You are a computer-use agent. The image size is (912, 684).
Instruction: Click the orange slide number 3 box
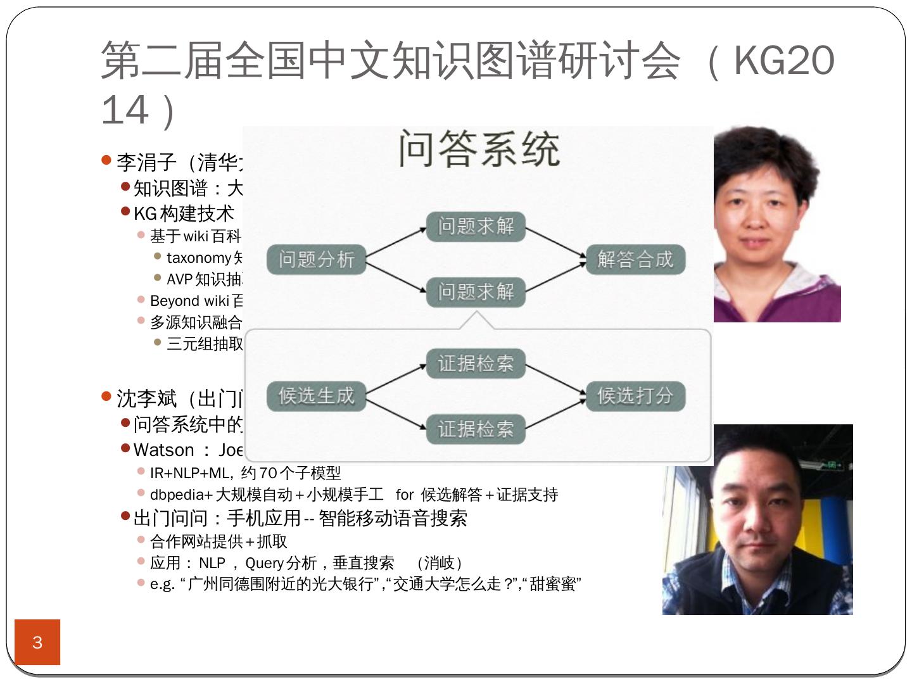tap(37, 642)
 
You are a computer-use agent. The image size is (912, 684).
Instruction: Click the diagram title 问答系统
tap(479, 149)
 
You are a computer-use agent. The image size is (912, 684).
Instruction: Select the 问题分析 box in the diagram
tap(316, 259)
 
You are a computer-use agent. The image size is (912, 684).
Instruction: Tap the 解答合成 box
tap(635, 259)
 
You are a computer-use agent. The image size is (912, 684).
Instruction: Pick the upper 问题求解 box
tap(476, 226)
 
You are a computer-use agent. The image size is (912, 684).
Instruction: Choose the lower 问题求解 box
tap(476, 292)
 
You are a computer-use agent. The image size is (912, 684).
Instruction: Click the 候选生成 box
tap(316, 396)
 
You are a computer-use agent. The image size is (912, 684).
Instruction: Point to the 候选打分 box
tap(635, 396)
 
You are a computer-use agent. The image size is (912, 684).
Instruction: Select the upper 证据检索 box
tap(476, 364)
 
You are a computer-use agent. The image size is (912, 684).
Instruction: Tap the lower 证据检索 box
tap(476, 429)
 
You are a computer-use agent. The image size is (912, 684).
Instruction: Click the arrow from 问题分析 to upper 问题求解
tap(396, 243)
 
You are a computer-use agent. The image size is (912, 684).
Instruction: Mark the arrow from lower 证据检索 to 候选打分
tap(555, 413)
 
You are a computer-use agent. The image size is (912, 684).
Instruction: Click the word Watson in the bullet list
tap(163, 450)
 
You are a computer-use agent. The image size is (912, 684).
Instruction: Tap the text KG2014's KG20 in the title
tap(783, 61)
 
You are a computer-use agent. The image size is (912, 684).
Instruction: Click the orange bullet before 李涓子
tap(106, 160)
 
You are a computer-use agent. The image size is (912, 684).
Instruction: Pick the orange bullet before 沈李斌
tap(106, 396)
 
